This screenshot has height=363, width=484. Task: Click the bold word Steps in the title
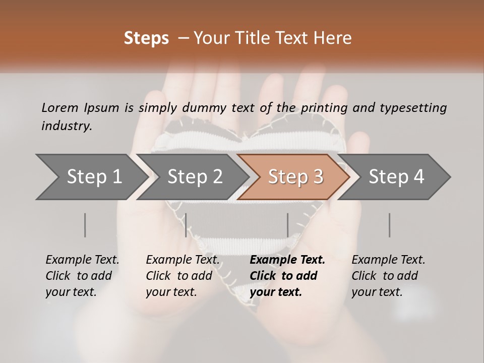point(146,38)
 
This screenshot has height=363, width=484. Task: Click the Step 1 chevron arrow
point(91,177)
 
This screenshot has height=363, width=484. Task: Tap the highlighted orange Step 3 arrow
point(295,177)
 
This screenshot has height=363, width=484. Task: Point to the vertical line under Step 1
point(85,225)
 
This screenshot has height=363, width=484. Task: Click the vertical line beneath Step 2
point(186,225)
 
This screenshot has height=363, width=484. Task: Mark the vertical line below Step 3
point(288,225)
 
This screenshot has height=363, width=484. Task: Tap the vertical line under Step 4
point(390,225)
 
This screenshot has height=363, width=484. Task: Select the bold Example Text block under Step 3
point(287,276)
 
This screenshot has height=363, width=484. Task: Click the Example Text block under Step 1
point(82,276)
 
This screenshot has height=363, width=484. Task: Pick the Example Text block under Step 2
point(183,276)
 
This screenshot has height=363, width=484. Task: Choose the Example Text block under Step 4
point(388,276)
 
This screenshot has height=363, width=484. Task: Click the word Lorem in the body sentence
point(60,107)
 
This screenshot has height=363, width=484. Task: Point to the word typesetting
point(413,108)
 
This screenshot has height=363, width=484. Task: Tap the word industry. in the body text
point(67,126)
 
